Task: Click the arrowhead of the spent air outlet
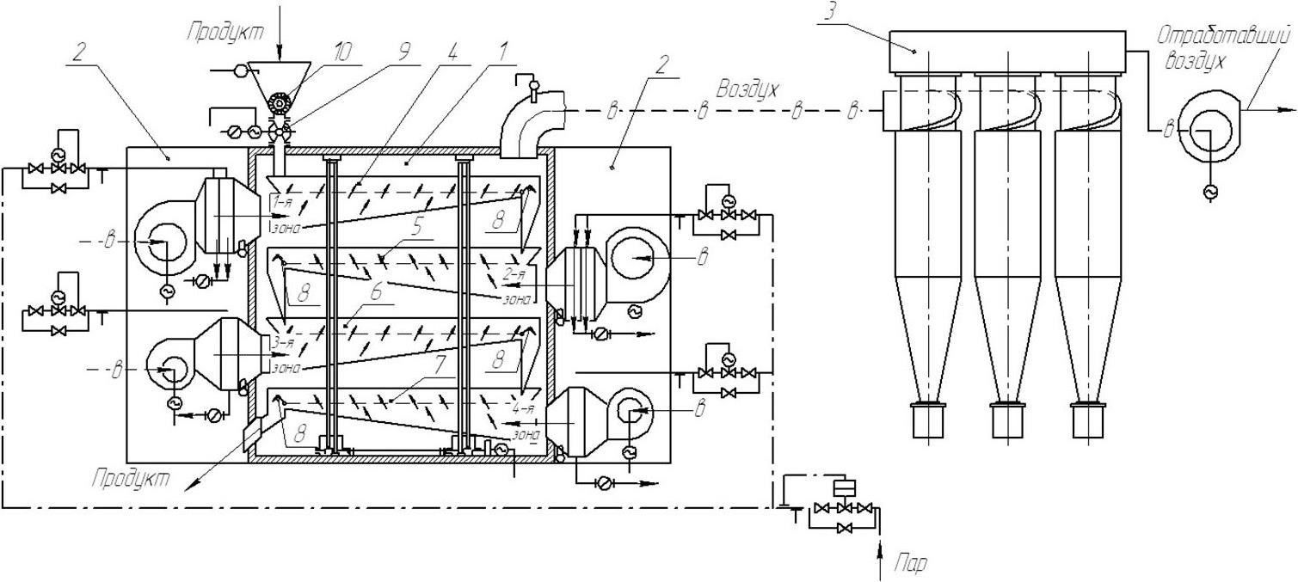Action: tap(1287, 109)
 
